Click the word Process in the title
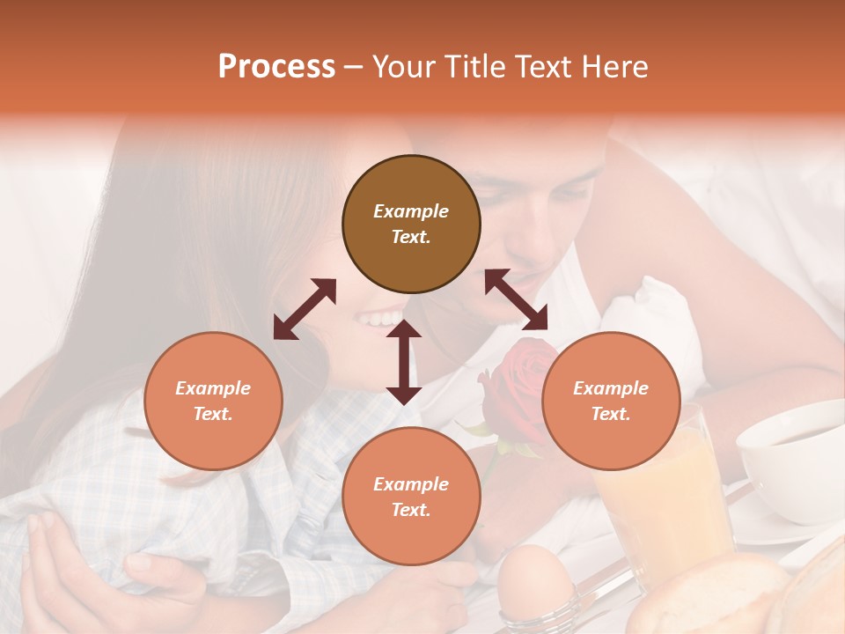[x=276, y=67]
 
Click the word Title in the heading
[x=471, y=67]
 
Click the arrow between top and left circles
[x=305, y=309]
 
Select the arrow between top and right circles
[x=516, y=299]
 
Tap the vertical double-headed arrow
[x=404, y=362]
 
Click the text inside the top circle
[x=411, y=224]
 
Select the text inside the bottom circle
[x=411, y=497]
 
